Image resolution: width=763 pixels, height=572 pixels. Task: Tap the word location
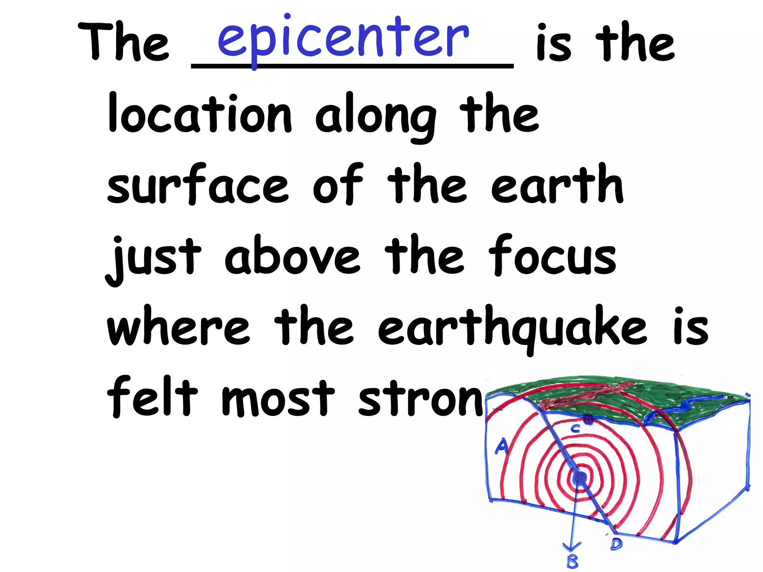pyautogui.click(x=199, y=114)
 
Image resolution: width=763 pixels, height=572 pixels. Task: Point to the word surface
pyautogui.click(x=197, y=184)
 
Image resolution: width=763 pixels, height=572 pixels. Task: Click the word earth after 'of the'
pyautogui.click(x=557, y=184)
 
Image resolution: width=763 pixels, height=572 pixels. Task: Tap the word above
pyautogui.click(x=292, y=255)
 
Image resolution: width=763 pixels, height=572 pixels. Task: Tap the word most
pyautogui.click(x=278, y=398)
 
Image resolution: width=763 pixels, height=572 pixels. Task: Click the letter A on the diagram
pyautogui.click(x=501, y=445)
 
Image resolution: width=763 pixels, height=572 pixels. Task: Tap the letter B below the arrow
pyautogui.click(x=573, y=561)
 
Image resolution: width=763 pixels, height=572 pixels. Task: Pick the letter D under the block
pyautogui.click(x=616, y=544)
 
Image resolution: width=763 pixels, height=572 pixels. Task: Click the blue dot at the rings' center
pyautogui.click(x=579, y=478)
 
